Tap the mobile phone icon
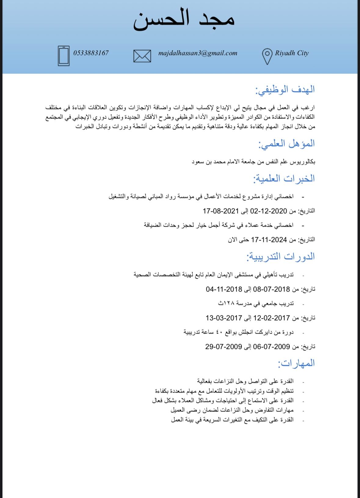pyautogui.click(x=64, y=56)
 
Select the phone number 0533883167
pyautogui.click(x=91, y=53)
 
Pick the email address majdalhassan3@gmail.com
pyautogui.click(x=198, y=53)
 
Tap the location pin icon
pyautogui.click(x=267, y=56)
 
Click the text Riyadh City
pyautogui.click(x=292, y=53)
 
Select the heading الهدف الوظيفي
pyautogui.click(x=285, y=90)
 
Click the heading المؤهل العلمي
pyautogui.click(x=286, y=144)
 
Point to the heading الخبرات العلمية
pyautogui.click(x=284, y=179)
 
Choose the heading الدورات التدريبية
pyautogui.click(x=281, y=257)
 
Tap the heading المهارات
pyautogui.click(x=296, y=363)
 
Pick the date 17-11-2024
pyautogui.click(x=269, y=240)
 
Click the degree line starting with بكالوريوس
pyautogui.click(x=253, y=162)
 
